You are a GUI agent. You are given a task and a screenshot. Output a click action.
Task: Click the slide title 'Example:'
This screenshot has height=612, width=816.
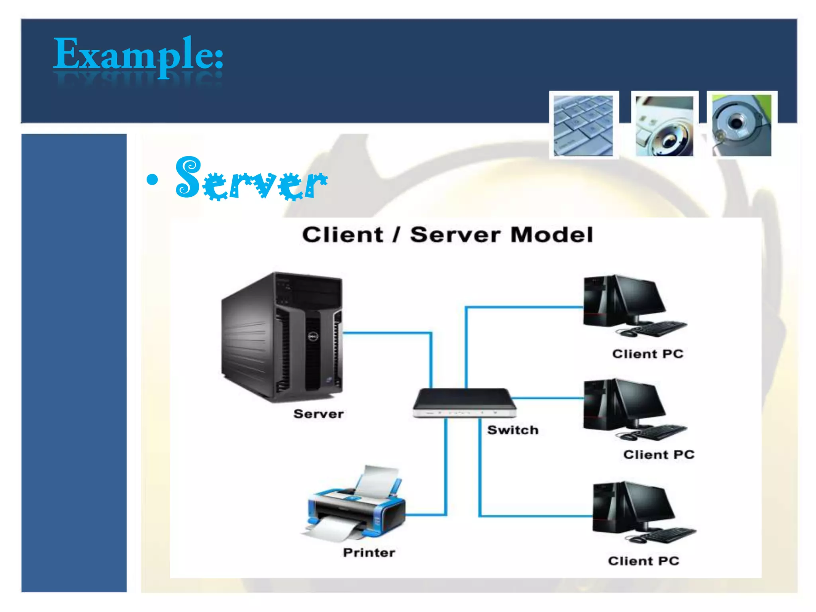click(138, 55)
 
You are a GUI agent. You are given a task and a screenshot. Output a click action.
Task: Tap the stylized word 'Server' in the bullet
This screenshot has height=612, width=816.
click(251, 180)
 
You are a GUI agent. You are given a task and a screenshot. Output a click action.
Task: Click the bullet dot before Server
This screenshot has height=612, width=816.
click(152, 180)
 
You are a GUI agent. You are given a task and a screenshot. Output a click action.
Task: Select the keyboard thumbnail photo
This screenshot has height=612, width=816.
click(583, 125)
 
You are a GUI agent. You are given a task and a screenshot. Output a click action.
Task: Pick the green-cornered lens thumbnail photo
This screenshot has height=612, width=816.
click(741, 125)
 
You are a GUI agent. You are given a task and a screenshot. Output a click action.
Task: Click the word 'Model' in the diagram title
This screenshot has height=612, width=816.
click(552, 235)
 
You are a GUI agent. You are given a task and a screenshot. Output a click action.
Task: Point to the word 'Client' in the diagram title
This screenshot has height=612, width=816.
click(342, 235)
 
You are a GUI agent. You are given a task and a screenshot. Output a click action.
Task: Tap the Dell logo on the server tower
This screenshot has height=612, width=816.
click(313, 337)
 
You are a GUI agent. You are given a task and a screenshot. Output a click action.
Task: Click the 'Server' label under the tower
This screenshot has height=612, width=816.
click(318, 414)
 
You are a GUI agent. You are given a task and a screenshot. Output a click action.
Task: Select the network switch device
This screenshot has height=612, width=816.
click(465, 402)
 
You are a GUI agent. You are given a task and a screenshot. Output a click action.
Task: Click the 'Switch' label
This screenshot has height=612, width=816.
click(513, 430)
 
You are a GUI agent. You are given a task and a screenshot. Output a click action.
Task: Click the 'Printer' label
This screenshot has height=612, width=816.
click(369, 553)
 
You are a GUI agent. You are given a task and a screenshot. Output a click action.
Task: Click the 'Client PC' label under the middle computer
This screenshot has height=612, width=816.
click(659, 455)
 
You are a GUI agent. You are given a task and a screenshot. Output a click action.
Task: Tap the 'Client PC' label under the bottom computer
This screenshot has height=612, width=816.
click(643, 561)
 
